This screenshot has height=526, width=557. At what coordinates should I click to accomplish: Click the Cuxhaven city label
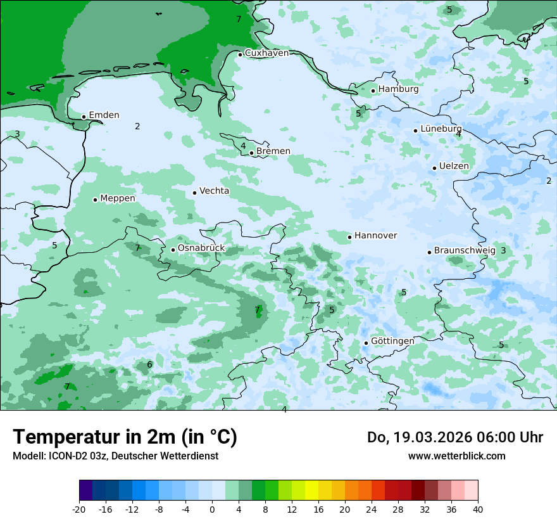tap(266, 53)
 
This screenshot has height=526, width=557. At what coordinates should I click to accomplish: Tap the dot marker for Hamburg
tap(373, 91)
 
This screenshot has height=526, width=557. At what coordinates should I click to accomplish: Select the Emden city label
tap(104, 115)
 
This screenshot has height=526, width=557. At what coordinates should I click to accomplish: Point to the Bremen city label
tap(273, 151)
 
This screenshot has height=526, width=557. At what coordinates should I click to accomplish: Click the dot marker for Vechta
tap(195, 193)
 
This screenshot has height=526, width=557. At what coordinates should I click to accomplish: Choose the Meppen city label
tap(118, 198)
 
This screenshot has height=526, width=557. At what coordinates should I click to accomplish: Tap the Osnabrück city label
tap(201, 248)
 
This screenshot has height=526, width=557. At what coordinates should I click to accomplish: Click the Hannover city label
tap(375, 236)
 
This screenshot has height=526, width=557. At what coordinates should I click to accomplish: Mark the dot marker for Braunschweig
tap(429, 252)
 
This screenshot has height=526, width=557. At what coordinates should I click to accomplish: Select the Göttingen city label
tap(392, 342)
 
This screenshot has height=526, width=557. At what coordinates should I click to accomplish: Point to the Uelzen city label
tap(454, 167)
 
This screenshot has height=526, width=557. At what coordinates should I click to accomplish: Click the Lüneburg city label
tap(441, 129)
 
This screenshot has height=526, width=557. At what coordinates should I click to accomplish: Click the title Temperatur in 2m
tap(125, 437)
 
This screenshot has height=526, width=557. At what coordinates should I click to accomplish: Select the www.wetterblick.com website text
tap(456, 456)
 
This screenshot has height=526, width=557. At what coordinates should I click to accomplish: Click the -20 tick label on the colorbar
tap(79, 510)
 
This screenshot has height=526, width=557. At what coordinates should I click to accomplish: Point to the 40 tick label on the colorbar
tap(478, 510)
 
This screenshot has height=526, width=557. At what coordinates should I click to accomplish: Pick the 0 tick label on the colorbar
tap(212, 510)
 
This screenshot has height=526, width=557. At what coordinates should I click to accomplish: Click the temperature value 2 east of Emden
tap(137, 127)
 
